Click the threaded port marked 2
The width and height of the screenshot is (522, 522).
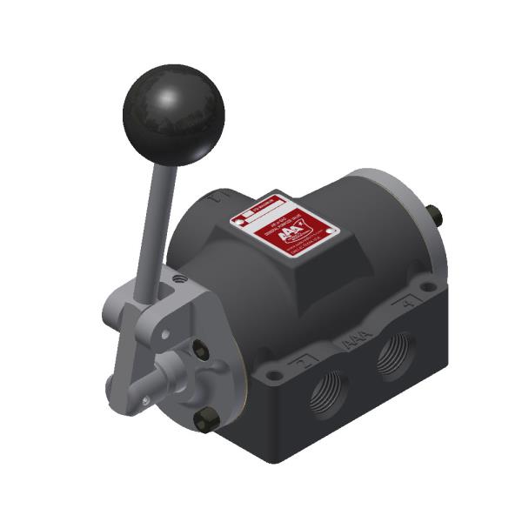coord(329,396)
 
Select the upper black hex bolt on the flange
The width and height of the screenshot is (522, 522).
coord(202,351)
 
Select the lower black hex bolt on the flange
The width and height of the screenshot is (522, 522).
coord(203,423)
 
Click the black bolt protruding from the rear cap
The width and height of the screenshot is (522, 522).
coord(432,211)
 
